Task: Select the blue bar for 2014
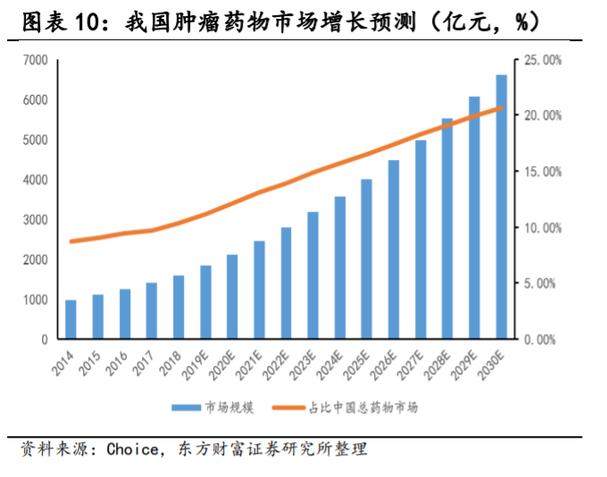pos(71,320)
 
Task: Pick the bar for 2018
pos(179,307)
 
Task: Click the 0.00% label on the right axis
pos(543,339)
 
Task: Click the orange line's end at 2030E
pos(502,108)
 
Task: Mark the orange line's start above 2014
pos(71,241)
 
